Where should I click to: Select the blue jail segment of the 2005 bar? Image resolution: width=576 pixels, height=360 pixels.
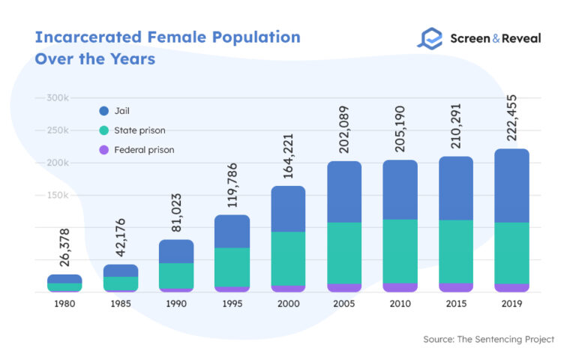pyautogui.click(x=344, y=191)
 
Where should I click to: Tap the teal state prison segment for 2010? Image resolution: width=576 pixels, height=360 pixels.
pyautogui.click(x=400, y=250)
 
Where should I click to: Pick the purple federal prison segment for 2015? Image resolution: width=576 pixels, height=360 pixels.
pyautogui.click(x=455, y=287)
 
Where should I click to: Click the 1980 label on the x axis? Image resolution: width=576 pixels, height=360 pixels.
pyautogui.click(x=64, y=304)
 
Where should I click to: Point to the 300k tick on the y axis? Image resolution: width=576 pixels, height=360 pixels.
pyautogui.click(x=57, y=98)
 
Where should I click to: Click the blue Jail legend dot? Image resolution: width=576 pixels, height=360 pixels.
pyautogui.click(x=103, y=111)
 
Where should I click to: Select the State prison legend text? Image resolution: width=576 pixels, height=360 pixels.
pyautogui.click(x=140, y=130)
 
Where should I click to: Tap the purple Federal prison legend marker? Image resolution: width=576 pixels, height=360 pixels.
pyautogui.click(x=103, y=150)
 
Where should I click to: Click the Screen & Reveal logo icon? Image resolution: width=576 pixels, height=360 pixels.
pyautogui.click(x=430, y=38)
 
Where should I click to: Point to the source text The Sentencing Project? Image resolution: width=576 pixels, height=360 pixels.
pyautogui.click(x=488, y=340)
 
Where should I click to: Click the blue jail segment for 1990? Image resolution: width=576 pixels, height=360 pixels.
pyautogui.click(x=176, y=251)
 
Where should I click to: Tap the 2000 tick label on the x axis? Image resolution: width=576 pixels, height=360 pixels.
pyautogui.click(x=288, y=304)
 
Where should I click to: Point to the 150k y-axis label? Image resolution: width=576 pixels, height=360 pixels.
pyautogui.click(x=57, y=195)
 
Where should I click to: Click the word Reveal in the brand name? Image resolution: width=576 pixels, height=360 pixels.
pyautogui.click(x=517, y=38)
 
